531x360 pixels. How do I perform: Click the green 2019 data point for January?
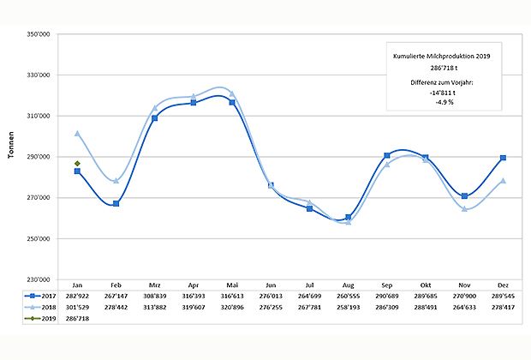pyautogui.click(x=77, y=163)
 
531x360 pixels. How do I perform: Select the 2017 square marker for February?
pyautogui.click(x=116, y=203)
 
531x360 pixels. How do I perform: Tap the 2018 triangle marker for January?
pyautogui.click(x=77, y=134)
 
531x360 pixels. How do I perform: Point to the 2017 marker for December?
pyautogui.click(x=503, y=158)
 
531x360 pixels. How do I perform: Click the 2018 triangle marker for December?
pyautogui.click(x=503, y=181)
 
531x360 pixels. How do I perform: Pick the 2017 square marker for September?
pyautogui.click(x=387, y=155)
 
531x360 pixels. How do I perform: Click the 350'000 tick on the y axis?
pyautogui.click(x=42, y=34)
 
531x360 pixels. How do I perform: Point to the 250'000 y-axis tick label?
pyautogui.click(x=42, y=239)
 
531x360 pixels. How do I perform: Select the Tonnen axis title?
pyautogui.click(x=11, y=157)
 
